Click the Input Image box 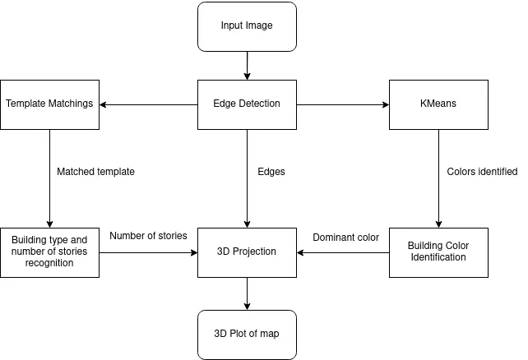click(x=247, y=25)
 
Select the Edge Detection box click(x=247, y=104)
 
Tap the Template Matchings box click(x=49, y=104)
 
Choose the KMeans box click(x=438, y=104)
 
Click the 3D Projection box click(x=247, y=252)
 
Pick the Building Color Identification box click(x=438, y=252)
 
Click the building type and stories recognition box click(x=49, y=252)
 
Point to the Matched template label click(x=95, y=172)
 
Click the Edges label click(x=271, y=172)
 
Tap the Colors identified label click(x=482, y=172)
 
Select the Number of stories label click(x=148, y=236)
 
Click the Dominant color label click(x=345, y=238)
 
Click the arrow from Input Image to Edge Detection click(x=247, y=64)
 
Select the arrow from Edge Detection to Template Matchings click(x=148, y=104)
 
